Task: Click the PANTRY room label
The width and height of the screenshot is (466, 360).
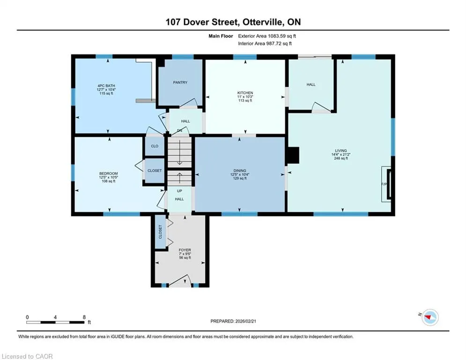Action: [180, 82]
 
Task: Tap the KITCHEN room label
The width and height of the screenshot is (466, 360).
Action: [245, 93]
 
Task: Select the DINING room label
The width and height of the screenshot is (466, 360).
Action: [239, 171]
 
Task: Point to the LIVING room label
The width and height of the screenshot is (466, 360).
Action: [341, 151]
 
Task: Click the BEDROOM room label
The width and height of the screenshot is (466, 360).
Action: [109, 173]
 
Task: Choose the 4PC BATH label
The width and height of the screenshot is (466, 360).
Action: [106, 86]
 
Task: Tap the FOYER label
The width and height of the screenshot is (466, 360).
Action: [185, 250]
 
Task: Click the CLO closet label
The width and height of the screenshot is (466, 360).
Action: [155, 146]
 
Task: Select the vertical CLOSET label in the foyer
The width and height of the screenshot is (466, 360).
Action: [160, 232]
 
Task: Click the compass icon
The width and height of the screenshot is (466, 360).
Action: [430, 317]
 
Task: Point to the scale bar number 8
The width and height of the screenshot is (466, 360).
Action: [84, 317]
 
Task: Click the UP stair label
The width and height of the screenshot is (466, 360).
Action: [179, 191]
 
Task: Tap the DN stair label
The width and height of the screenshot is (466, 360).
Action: [179, 131]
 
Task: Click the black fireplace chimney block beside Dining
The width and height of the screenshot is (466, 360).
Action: [292, 156]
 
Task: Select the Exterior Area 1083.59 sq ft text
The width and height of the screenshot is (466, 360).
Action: [267, 36]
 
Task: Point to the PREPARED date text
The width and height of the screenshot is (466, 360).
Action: [233, 321]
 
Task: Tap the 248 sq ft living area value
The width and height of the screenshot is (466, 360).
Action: [341, 158]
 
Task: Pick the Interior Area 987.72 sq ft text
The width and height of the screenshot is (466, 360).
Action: [265, 44]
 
